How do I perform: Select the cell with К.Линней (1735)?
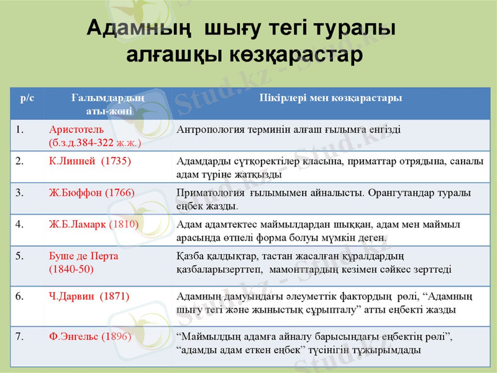pyautogui.click(x=90, y=161)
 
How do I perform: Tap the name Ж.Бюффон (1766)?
pyautogui.click(x=91, y=193)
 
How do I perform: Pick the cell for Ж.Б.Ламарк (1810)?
pyautogui.click(x=94, y=224)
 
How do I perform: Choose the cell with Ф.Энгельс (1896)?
pyautogui.click(x=90, y=336)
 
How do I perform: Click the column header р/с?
pyautogui.click(x=27, y=98)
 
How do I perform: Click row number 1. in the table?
pyautogui.click(x=20, y=130)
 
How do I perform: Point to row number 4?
pyautogui.click(x=20, y=224)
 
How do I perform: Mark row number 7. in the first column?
pyautogui.click(x=20, y=336)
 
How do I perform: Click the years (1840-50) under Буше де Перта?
pyautogui.click(x=71, y=269)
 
